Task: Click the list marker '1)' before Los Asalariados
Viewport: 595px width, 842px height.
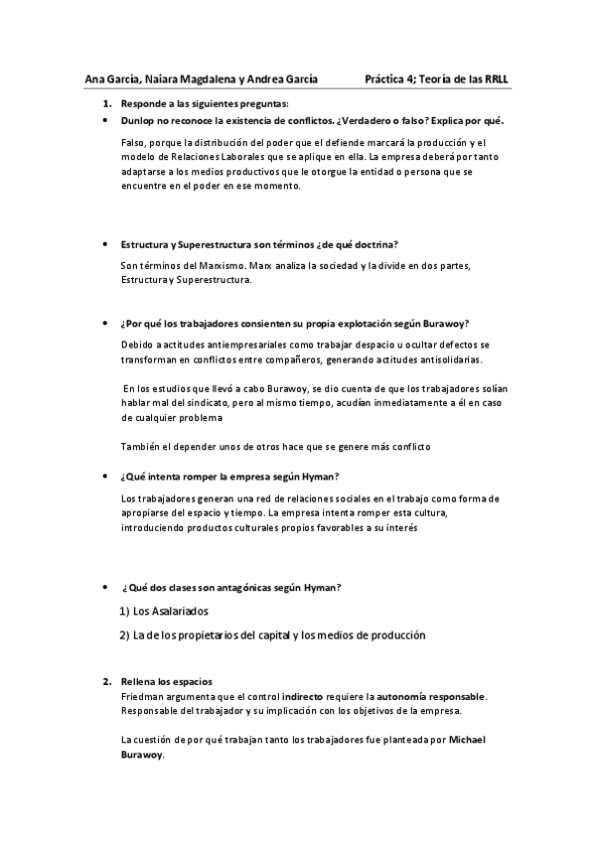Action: click(125, 611)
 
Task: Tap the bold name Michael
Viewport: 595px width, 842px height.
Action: click(468, 740)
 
